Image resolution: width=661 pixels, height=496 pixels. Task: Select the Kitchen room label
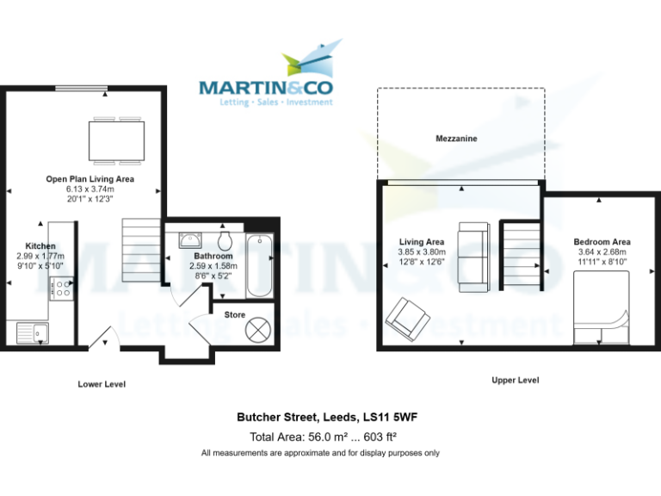40,245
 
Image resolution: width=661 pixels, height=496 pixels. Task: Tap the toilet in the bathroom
226,239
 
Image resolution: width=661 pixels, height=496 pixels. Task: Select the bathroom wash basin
190,239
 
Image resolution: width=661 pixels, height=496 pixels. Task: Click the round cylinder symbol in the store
258,329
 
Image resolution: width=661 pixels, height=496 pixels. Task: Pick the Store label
235,315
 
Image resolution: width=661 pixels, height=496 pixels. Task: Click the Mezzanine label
456,138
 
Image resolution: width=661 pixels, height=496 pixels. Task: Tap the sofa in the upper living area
473,248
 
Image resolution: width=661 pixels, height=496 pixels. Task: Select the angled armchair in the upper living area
407,319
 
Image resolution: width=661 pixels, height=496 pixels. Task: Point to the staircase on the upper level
521,255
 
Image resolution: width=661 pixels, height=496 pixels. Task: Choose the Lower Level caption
102,384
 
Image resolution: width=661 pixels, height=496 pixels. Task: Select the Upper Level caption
515,380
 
